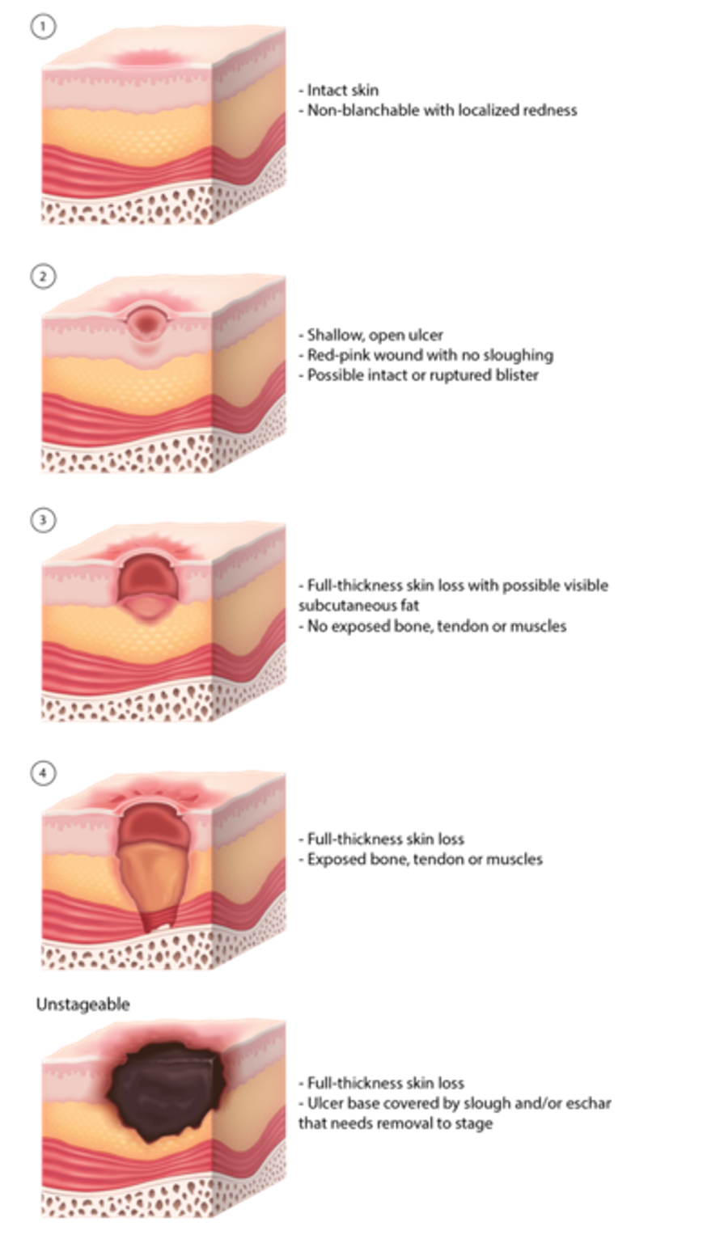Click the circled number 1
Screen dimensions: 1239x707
coord(43,27)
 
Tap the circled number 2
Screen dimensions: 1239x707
coord(43,277)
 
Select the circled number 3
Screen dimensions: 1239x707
coord(43,519)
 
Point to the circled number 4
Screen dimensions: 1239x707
coord(43,773)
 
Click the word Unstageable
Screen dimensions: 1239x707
coord(83,1004)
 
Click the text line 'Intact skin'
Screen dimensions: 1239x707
coord(342,90)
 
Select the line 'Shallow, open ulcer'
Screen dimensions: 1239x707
coord(375,335)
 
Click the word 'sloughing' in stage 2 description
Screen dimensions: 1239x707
coord(517,355)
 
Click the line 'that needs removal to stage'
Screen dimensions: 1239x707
coord(395,1123)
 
